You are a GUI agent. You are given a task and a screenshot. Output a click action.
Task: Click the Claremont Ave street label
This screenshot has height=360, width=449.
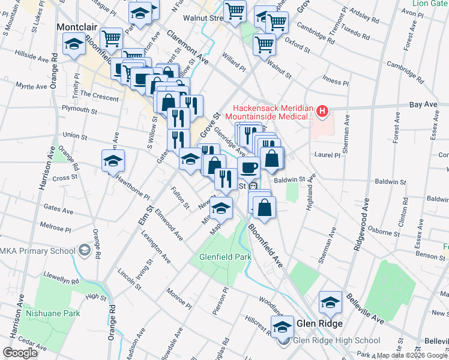(187, 47)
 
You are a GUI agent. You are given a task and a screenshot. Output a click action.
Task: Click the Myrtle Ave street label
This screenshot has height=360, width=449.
(31, 86)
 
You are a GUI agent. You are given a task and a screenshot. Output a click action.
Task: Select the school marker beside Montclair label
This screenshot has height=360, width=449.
(74, 44)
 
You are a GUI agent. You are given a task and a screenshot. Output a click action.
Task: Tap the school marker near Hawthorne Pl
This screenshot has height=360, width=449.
(112, 161)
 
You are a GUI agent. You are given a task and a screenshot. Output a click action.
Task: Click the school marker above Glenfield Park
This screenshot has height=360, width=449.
(221, 208)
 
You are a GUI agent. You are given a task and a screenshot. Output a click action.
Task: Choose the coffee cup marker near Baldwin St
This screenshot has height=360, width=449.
(249, 167)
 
